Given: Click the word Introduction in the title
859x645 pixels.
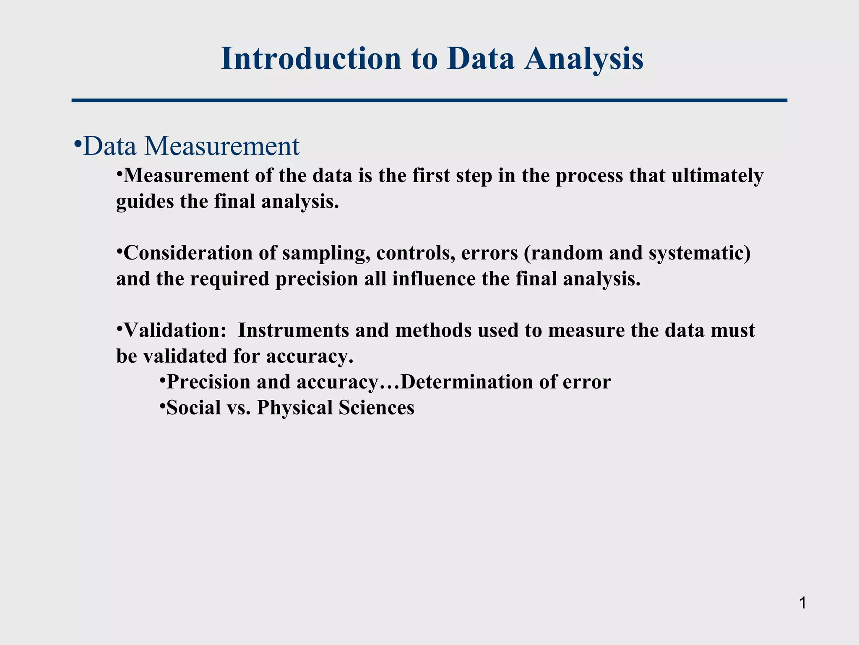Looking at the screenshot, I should tap(311, 59).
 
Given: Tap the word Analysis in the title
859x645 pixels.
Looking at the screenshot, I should tap(584, 59).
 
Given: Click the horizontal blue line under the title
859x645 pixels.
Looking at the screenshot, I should tap(429, 100).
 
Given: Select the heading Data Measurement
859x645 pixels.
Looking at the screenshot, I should tap(191, 146).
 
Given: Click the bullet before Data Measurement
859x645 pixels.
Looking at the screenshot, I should tap(77, 144).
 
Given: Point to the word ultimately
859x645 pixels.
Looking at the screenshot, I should tap(717, 176).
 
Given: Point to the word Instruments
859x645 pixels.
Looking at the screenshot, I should tap(293, 330).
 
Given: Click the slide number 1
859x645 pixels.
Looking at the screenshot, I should tap(802, 603).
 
